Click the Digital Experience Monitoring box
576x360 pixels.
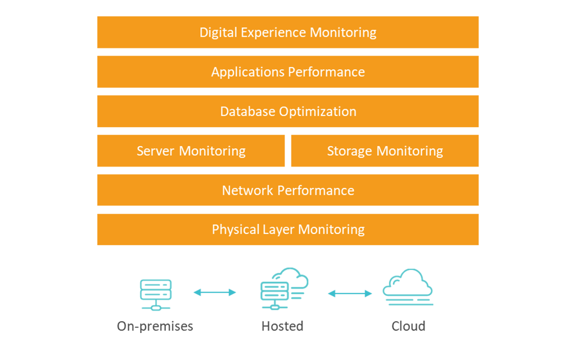[287, 32]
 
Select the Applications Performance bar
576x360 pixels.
[287, 71]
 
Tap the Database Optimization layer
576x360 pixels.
[287, 111]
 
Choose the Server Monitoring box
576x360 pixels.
[191, 151]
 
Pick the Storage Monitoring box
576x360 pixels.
[385, 151]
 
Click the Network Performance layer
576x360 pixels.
[287, 190]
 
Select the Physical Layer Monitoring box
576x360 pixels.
[287, 229]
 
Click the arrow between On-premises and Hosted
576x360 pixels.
[215, 292]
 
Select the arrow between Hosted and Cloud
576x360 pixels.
[350, 293]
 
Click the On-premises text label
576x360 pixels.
[155, 326]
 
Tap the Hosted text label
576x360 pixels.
[282, 326]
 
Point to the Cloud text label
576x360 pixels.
[408, 326]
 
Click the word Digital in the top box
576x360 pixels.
[218, 32]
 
